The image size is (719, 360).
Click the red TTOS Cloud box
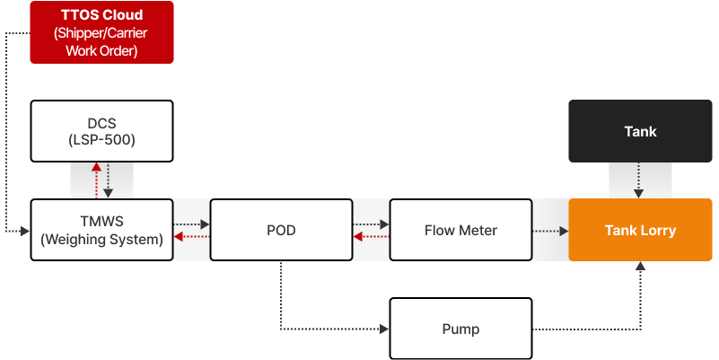click(101, 32)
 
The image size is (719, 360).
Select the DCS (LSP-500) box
click(101, 131)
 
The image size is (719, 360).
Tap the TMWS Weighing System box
click(101, 230)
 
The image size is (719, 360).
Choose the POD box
click(281, 230)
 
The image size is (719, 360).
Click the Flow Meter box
click(460, 230)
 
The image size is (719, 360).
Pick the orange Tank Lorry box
click(641, 230)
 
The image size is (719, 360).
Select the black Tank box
click(641, 131)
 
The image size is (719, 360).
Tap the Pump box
click(460, 329)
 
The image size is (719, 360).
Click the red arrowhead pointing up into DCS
click(96, 167)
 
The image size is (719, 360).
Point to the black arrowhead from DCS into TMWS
click(108, 194)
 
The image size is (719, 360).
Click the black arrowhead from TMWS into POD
click(205, 224)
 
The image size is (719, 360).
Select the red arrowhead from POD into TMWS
click(179, 237)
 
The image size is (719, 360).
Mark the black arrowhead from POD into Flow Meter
click(384, 224)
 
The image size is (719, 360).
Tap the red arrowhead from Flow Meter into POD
click(358, 237)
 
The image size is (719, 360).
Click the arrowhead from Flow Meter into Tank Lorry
click(564, 231)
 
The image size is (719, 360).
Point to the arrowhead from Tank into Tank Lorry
click(639, 194)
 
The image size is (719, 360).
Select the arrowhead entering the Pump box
click(384, 329)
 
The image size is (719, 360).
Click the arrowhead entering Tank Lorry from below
click(641, 266)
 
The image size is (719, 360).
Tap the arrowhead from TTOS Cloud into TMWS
click(25, 232)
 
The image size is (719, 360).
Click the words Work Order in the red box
click(101, 50)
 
